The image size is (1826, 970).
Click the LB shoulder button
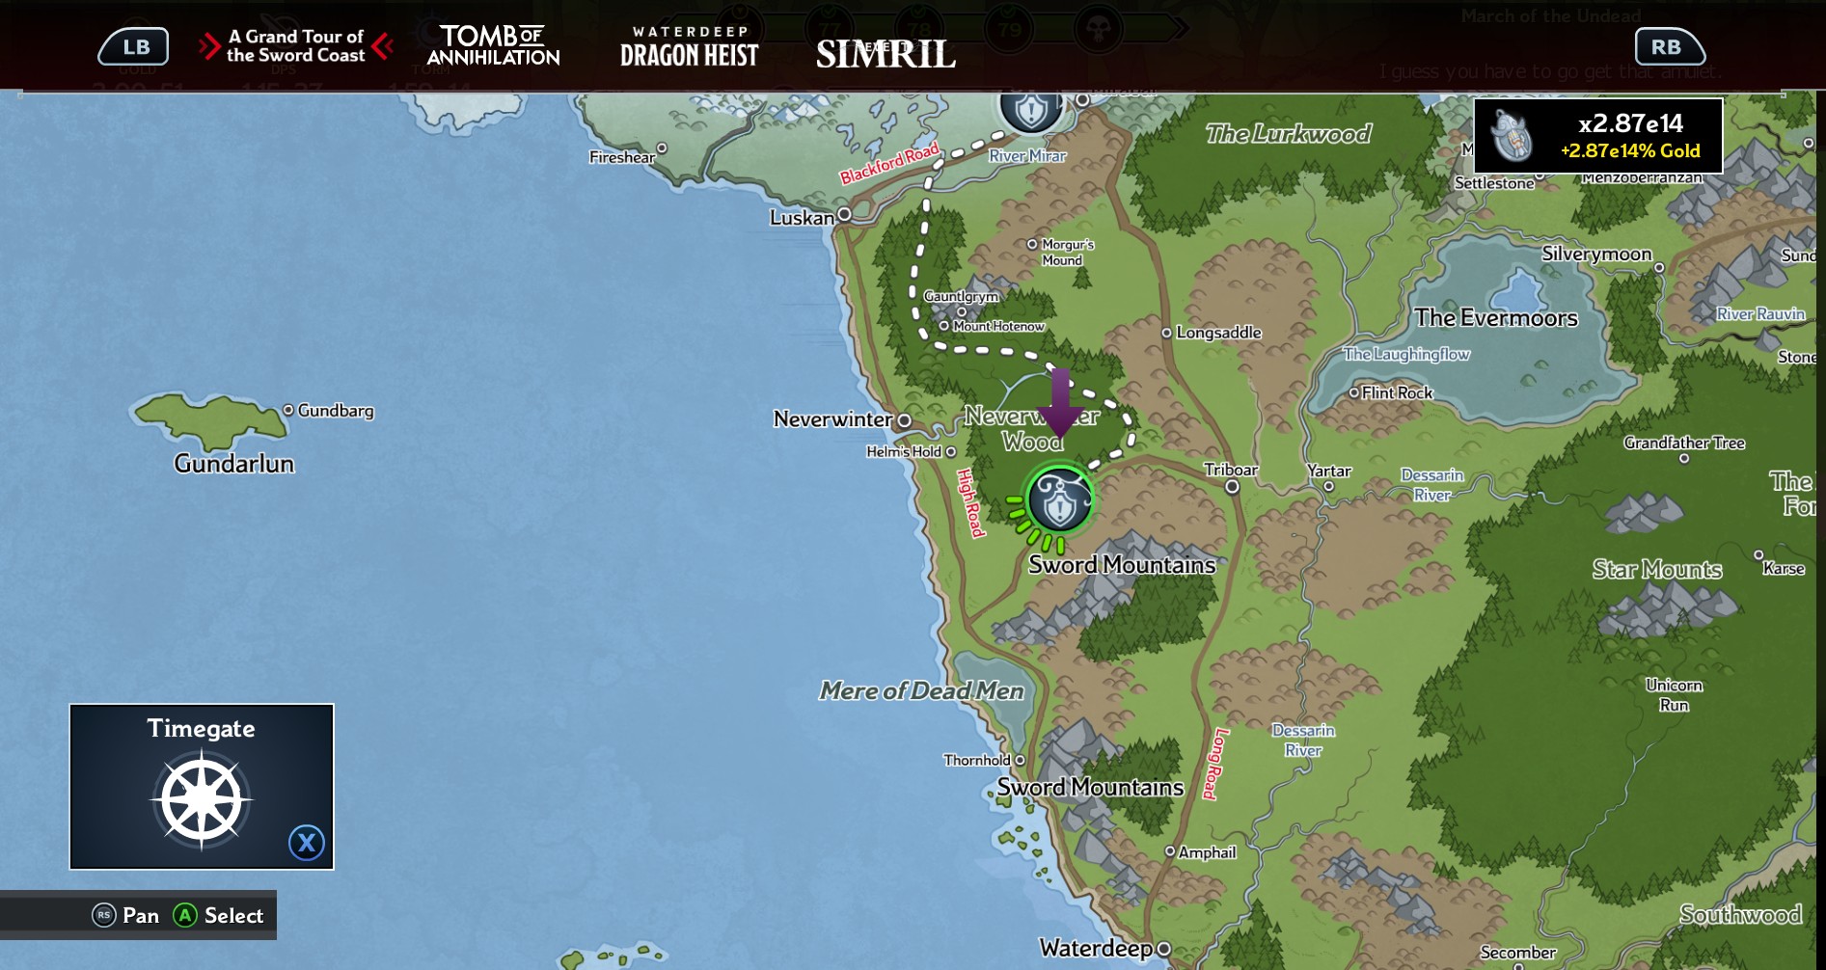(134, 46)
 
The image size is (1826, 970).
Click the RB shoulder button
(1669, 46)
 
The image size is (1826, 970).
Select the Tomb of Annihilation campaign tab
(493, 46)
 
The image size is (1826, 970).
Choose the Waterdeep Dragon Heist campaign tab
(689, 47)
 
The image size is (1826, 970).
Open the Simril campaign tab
(886, 54)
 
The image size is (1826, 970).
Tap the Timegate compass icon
(202, 800)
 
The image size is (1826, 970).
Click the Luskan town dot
(844, 214)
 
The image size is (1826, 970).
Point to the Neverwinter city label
(832, 419)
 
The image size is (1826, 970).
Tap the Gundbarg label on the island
(335, 411)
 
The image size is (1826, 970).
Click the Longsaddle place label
(1218, 333)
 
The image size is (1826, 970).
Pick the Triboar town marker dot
(1232, 487)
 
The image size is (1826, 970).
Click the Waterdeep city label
(1096, 948)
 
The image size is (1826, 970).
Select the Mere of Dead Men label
(921, 690)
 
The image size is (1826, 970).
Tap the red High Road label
(970, 502)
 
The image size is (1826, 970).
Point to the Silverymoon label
(1596, 254)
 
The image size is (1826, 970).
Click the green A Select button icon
(185, 915)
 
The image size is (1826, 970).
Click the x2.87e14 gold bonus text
(1630, 123)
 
